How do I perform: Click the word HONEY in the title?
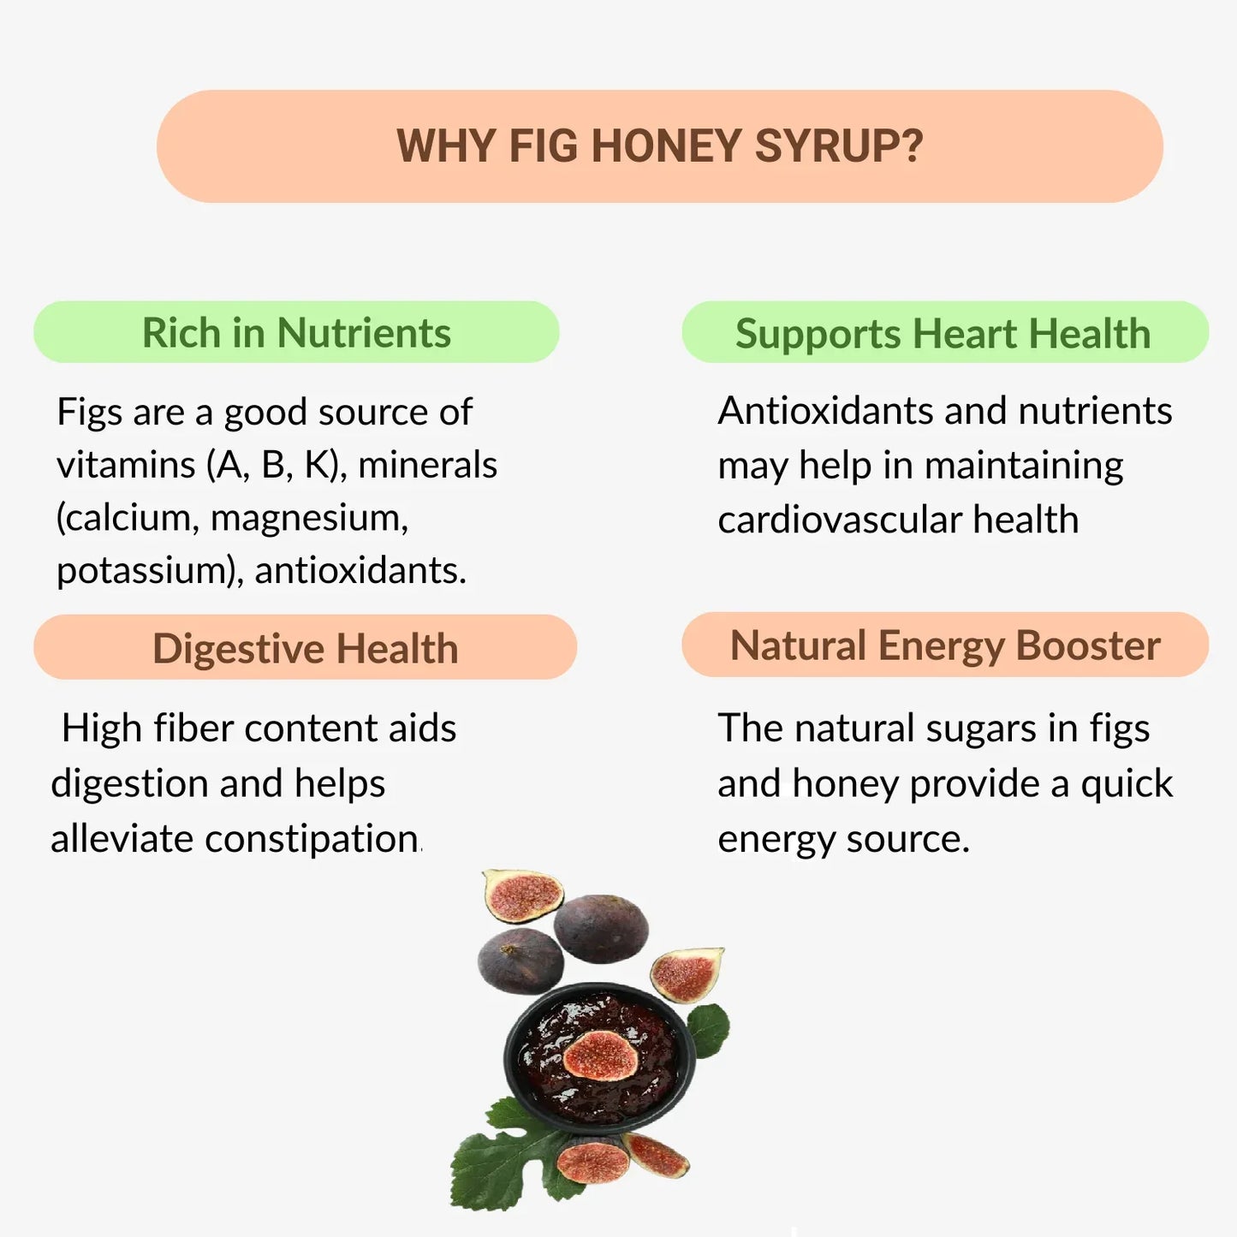tap(665, 146)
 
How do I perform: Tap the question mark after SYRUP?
tap(913, 146)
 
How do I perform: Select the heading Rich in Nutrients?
tap(296, 332)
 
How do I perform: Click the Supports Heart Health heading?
tap(943, 333)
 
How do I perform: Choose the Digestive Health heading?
tap(305, 648)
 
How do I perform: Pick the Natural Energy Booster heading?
tap(945, 645)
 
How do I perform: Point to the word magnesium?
tap(309, 518)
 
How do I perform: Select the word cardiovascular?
tap(839, 520)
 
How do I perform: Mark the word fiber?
tap(193, 729)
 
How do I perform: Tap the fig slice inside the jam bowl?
tap(601, 1056)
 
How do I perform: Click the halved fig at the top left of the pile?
tap(522, 895)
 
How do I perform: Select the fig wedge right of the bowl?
tap(687, 973)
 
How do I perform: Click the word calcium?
tap(130, 518)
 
